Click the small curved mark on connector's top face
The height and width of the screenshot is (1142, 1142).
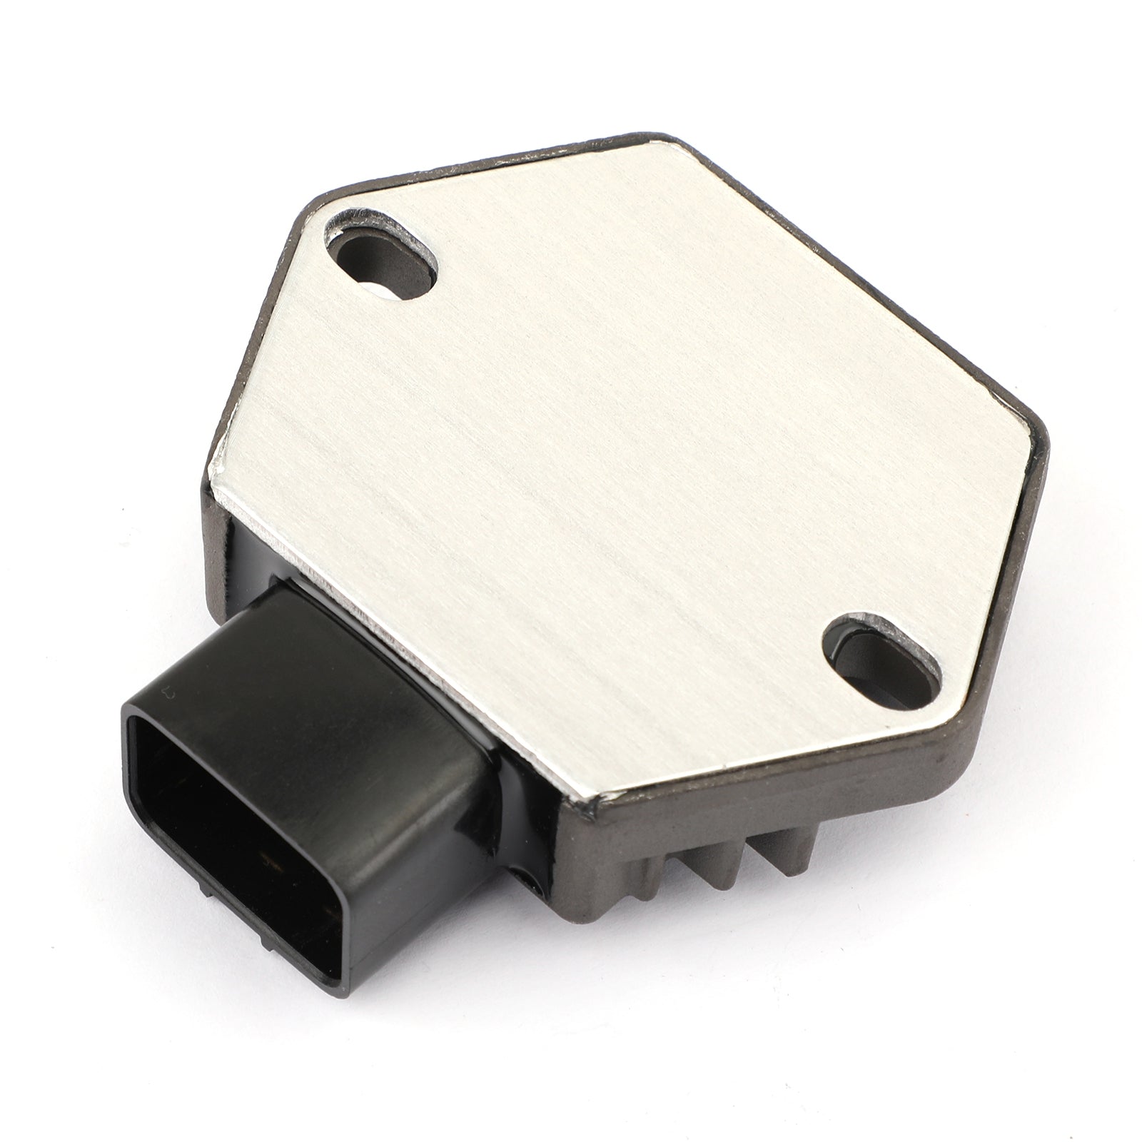click(x=168, y=693)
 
